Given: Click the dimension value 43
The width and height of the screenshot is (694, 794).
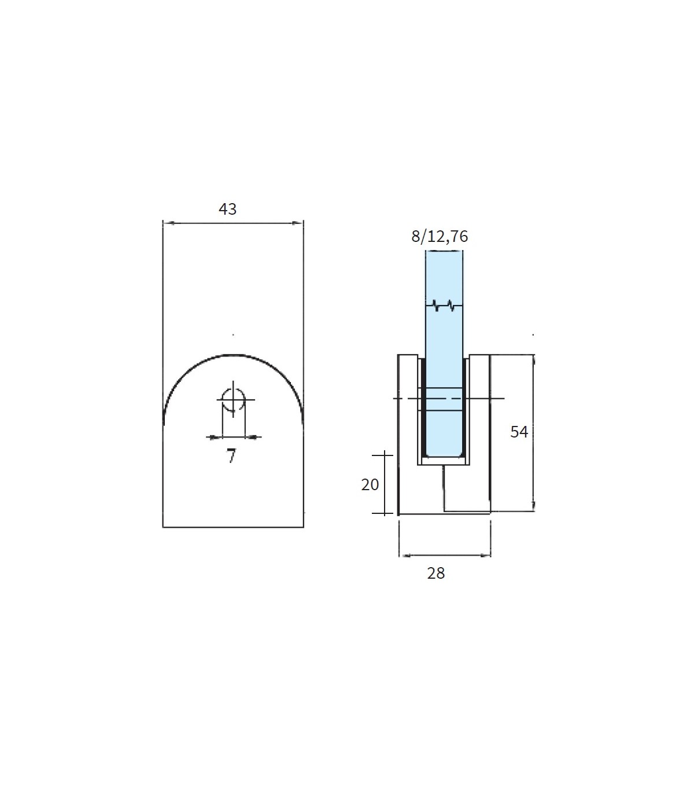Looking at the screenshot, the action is click(x=228, y=209).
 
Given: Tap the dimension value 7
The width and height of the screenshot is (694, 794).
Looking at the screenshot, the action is click(x=231, y=455).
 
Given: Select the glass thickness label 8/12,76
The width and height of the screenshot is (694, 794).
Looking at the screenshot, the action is click(x=440, y=236).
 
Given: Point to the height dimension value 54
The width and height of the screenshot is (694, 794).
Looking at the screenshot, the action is click(x=519, y=432).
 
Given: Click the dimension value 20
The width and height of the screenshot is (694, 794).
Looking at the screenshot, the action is click(x=370, y=484).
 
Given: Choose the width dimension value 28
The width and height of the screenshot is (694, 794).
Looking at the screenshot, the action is click(x=436, y=573).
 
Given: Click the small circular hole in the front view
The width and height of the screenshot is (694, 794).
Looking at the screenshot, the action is click(x=233, y=399).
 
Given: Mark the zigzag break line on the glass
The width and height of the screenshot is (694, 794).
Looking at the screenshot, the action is click(x=444, y=306).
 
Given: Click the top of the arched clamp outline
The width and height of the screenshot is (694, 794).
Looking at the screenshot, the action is click(x=233, y=355).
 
